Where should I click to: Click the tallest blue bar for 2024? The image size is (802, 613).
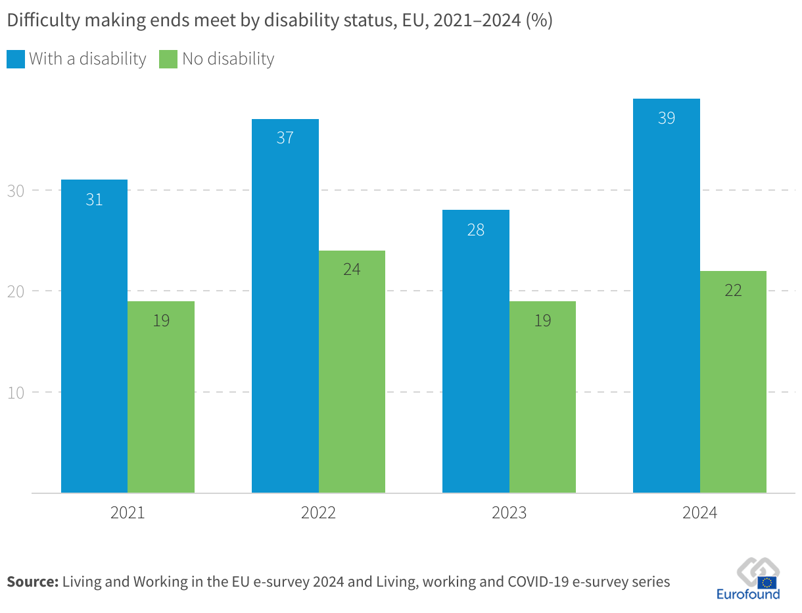point(666,296)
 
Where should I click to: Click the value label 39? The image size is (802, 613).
point(666,118)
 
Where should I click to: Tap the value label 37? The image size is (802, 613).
point(285,138)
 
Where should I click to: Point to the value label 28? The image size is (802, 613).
point(475,230)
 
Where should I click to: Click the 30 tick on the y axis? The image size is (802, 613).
point(15,191)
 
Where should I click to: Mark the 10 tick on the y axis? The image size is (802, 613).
point(15,392)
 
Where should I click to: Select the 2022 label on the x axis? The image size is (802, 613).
point(318,513)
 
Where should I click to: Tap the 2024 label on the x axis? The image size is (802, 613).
point(699,513)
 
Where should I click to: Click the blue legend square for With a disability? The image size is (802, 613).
point(15,59)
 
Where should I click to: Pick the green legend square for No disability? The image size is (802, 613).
point(168,59)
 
